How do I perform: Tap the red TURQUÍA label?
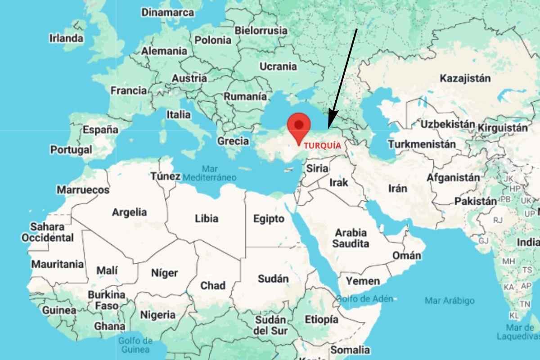pyautogui.click(x=322, y=146)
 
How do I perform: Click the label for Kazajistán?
pyautogui.click(x=465, y=78)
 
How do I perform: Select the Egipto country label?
pyautogui.click(x=269, y=219)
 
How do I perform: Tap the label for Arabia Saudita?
pyautogui.click(x=351, y=238)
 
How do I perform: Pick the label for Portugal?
pyautogui.click(x=71, y=149)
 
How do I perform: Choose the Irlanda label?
pyautogui.click(x=66, y=38)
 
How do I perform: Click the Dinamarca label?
pyautogui.click(x=168, y=12)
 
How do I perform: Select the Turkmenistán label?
pyautogui.click(x=422, y=145)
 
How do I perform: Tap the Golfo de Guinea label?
pyautogui.click(x=135, y=345)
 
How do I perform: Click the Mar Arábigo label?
pyautogui.click(x=450, y=300)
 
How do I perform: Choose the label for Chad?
pyautogui.click(x=213, y=285)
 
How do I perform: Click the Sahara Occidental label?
pyautogui.click(x=47, y=232)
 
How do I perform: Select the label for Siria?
pyautogui.click(x=317, y=168)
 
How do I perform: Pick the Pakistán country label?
pyautogui.click(x=475, y=201)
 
